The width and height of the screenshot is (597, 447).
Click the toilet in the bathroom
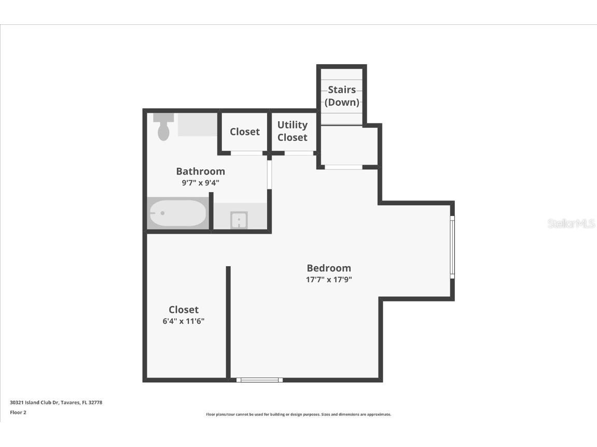tap(163, 127)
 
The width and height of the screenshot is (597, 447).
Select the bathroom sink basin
tap(239, 220)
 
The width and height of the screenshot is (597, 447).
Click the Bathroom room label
tap(200, 171)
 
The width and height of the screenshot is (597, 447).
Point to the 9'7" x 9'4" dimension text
tap(200, 183)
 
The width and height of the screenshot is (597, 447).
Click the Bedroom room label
tap(329, 268)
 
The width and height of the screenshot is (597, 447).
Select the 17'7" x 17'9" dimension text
tap(329, 280)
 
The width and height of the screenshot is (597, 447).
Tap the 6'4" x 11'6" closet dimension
tap(184, 321)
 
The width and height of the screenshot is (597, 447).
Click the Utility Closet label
tap(292, 131)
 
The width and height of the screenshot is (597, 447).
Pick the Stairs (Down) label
tap(342, 96)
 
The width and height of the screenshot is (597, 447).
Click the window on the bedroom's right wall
tap(452, 247)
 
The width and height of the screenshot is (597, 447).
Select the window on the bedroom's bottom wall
tap(259, 380)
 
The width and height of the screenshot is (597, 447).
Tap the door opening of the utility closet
tap(299, 153)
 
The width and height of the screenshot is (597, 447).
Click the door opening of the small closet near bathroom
tap(246, 153)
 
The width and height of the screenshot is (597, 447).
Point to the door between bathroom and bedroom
tap(269, 175)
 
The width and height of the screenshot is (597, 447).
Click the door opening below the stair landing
tap(343, 167)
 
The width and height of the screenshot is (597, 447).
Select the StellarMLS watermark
tap(571, 224)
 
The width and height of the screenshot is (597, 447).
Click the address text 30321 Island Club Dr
tap(56, 402)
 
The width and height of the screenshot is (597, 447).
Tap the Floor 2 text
tap(18, 413)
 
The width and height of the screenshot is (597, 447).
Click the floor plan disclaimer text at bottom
tap(298, 414)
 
